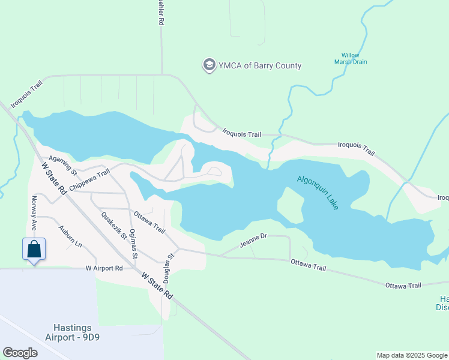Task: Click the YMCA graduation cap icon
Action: click(209, 65)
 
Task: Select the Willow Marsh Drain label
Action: click(351, 58)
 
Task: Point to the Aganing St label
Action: click(63, 164)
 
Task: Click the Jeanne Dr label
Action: click(253, 241)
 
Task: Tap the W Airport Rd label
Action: click(104, 268)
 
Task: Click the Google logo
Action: click(20, 353)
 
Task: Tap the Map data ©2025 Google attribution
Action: click(411, 355)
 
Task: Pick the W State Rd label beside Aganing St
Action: click(53, 178)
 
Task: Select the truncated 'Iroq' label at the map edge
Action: click(442, 197)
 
